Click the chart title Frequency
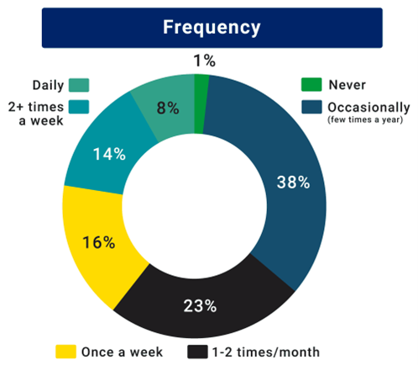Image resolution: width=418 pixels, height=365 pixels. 212,28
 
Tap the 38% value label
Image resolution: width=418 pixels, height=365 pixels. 293,182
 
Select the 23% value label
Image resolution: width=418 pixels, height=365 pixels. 200,306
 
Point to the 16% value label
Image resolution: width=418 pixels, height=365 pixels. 99,242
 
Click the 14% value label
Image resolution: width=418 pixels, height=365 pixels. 109,154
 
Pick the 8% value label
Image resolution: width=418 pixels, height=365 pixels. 168,108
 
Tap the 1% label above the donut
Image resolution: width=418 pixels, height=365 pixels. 205,61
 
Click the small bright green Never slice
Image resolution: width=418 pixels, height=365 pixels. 201,103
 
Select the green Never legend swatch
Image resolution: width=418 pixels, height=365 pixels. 311,85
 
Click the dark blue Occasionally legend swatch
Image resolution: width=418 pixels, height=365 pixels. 311,107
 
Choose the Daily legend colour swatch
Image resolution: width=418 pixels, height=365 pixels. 79,85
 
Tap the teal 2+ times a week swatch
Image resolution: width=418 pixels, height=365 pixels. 79,107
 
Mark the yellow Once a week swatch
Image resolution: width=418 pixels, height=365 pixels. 65,352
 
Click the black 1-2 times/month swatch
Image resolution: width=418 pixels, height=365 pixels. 197,352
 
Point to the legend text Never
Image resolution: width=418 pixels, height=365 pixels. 347,85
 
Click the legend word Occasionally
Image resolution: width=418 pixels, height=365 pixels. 368,108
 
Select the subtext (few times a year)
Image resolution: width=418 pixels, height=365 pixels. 365,119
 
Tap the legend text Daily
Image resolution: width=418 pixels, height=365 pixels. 48,85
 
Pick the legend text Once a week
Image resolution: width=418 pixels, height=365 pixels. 122,352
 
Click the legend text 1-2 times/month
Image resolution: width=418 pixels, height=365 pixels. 266,352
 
